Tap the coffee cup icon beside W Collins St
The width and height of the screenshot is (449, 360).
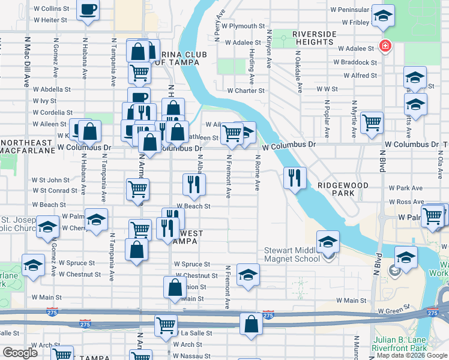pos(88,10)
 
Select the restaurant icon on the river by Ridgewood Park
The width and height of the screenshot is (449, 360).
pos(295,177)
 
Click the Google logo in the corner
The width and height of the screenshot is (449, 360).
pos(20,353)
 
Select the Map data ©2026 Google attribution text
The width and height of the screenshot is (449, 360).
pos(412,355)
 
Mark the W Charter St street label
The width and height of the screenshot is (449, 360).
pos(246,91)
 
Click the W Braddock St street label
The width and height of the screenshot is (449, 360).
pos(355,62)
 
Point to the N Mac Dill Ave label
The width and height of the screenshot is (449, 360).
pos(27,60)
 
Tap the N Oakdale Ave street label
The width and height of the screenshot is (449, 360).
pos(298,71)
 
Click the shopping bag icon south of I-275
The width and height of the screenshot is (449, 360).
pos(251,324)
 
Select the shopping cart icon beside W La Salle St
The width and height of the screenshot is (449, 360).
pos(166,325)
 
